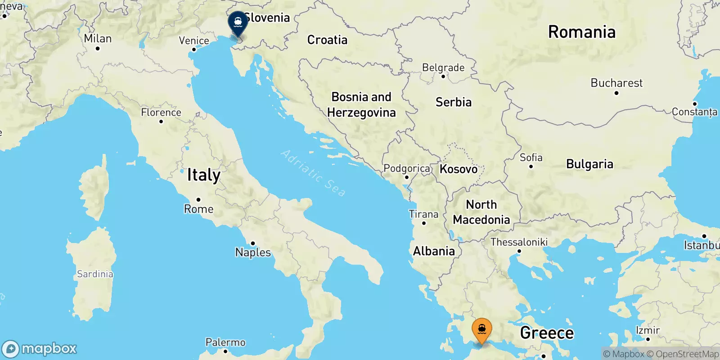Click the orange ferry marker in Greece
tap(481, 330)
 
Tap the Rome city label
tap(198, 209)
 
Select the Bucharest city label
tap(616, 83)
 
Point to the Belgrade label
tap(443, 67)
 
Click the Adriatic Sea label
tap(313, 173)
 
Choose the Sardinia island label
tap(95, 274)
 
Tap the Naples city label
tap(253, 252)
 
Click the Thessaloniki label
tap(519, 242)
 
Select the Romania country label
tap(581, 32)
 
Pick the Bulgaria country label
tap(589, 164)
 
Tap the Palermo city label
tap(225, 342)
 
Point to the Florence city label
tap(161, 112)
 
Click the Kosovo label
tap(459, 169)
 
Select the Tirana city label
tap(423, 214)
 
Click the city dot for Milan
tap(98, 49)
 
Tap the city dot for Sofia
tap(531, 166)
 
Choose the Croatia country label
tap(327, 40)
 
